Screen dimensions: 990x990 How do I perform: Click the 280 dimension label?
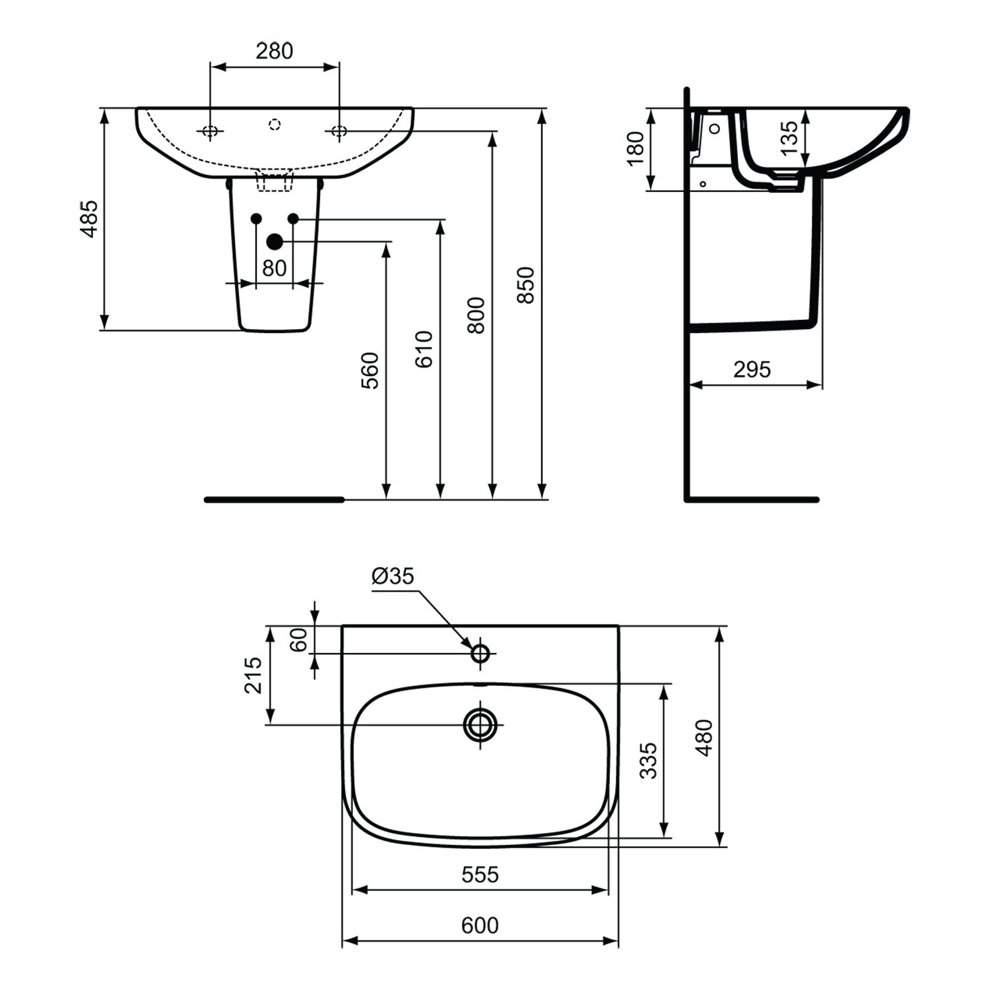pyautogui.click(x=274, y=51)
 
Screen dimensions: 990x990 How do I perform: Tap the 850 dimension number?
pyautogui.click(x=525, y=285)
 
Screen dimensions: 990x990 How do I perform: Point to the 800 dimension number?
pyautogui.click(x=476, y=315)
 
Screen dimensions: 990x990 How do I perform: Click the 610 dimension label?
pyautogui.click(x=424, y=349)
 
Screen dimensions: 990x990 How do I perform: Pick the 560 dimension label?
pyautogui.click(x=371, y=371)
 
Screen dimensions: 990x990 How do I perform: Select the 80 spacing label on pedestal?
pyautogui.click(x=274, y=268)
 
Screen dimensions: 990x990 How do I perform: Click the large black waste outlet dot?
pyautogui.click(x=275, y=242)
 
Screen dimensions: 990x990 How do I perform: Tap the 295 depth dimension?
pyautogui.click(x=752, y=369)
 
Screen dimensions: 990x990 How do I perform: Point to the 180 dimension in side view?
pyautogui.click(x=635, y=148)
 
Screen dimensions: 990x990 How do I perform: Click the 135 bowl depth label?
pyautogui.click(x=789, y=138)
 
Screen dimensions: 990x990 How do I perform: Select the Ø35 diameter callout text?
pyautogui.click(x=393, y=576)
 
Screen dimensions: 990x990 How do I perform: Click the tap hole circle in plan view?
pyautogui.click(x=480, y=654)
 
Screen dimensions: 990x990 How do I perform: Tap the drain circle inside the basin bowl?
pyautogui.click(x=480, y=724)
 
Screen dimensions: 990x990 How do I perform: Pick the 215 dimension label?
pyautogui.click(x=253, y=675)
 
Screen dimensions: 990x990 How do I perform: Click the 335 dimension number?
pyautogui.click(x=649, y=760)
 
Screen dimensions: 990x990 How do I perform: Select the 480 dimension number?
pyautogui.click(x=704, y=737)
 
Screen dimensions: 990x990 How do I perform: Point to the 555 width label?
pyautogui.click(x=480, y=875)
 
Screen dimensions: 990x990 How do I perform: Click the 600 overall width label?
pyautogui.click(x=480, y=925)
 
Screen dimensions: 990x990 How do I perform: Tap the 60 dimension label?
pyautogui.click(x=299, y=639)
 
